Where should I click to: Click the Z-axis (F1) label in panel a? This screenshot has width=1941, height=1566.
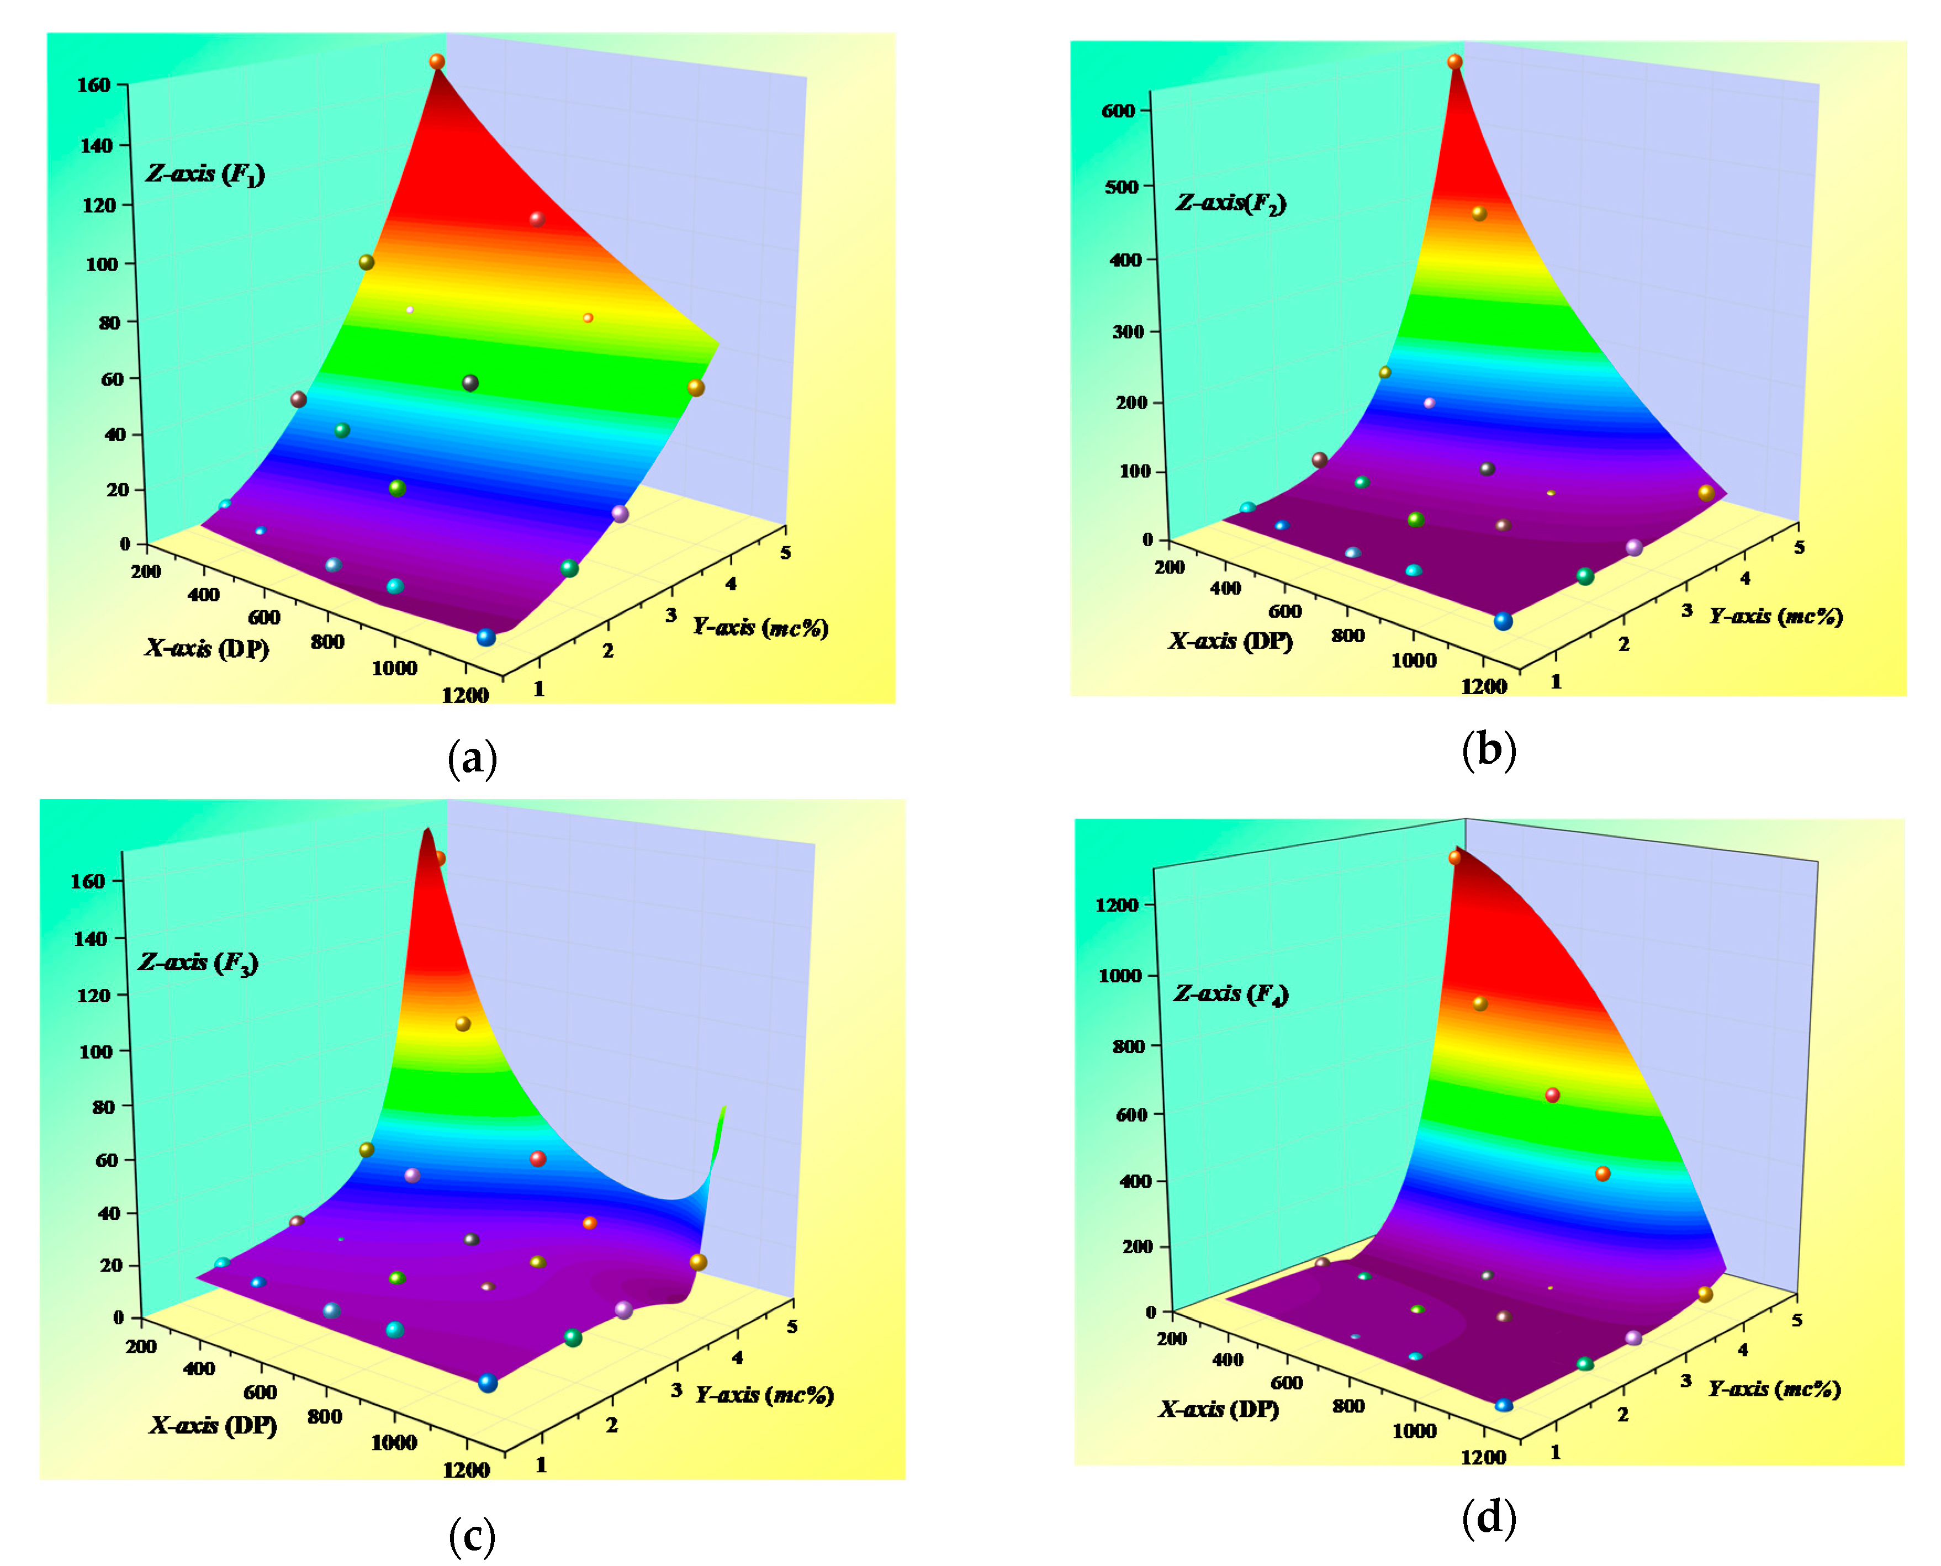click(x=205, y=173)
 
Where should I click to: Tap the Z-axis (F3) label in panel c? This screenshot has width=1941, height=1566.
click(x=198, y=962)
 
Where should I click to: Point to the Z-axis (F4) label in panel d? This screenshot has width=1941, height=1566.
click(x=1230, y=993)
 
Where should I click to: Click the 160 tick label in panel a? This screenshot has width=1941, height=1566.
click(x=94, y=85)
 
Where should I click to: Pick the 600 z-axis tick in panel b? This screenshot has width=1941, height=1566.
click(x=1118, y=111)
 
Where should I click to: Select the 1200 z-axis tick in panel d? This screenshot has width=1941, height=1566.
click(x=1117, y=905)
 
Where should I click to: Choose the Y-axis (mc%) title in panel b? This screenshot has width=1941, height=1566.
click(x=1775, y=616)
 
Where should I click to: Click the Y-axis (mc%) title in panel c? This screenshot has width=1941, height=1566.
click(x=764, y=1395)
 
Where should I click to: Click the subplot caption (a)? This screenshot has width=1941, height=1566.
click(x=472, y=758)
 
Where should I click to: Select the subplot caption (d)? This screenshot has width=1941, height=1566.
click(x=1488, y=1517)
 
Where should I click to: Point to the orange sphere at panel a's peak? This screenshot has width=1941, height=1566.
click(x=437, y=61)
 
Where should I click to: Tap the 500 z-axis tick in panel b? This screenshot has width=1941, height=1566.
click(x=1121, y=187)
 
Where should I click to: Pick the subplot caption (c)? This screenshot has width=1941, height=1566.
click(x=472, y=1536)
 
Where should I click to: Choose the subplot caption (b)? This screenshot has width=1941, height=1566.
click(x=1488, y=750)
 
